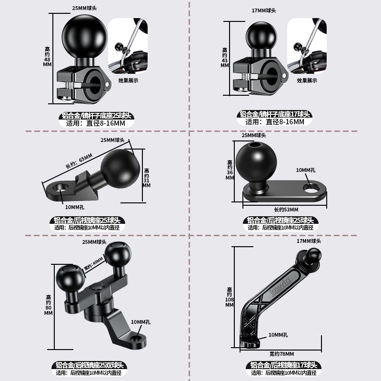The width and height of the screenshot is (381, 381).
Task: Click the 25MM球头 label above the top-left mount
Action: point(85,9)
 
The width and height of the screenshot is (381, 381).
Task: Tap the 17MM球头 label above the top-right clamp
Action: point(263,10)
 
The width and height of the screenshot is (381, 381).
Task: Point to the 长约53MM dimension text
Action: point(286,210)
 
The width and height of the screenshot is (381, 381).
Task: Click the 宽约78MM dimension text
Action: point(281,354)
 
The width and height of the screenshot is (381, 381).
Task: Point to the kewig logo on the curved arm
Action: point(281,285)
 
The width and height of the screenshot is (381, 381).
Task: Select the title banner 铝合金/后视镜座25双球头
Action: point(89,365)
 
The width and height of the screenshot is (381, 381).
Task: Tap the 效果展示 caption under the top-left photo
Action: point(128,80)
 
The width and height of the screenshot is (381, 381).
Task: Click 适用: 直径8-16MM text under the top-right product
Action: point(275,122)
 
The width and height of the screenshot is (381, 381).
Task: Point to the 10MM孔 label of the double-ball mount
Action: point(140,322)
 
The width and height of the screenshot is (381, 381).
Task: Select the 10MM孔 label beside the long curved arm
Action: point(278,335)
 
